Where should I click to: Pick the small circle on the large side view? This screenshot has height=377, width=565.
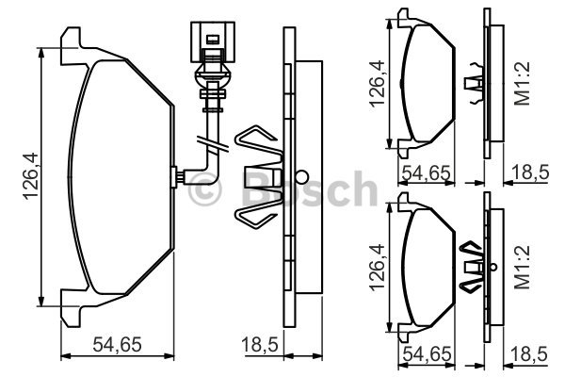tap(300, 176)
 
